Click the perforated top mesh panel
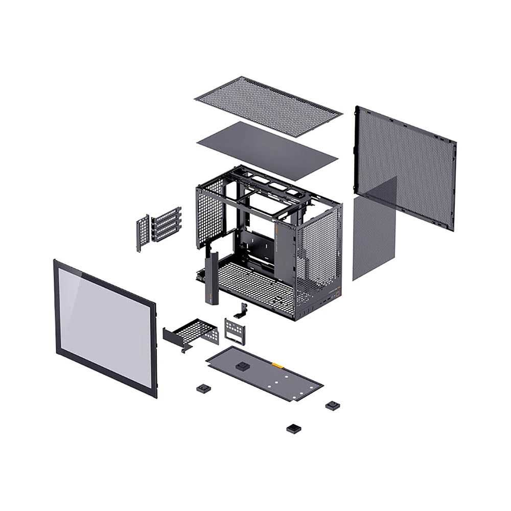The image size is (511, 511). (x=268, y=106)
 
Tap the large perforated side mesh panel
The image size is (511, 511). (x=409, y=153)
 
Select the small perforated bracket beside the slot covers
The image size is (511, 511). (x=143, y=233)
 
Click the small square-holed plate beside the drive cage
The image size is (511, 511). (x=235, y=331)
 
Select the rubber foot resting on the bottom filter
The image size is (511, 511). (x=241, y=366)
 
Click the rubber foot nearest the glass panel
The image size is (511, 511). (x=203, y=388)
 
